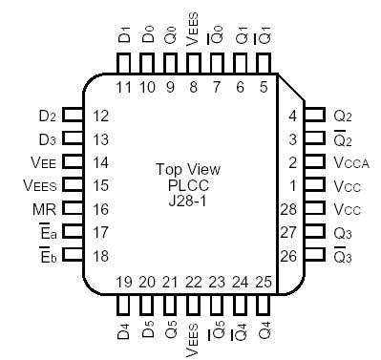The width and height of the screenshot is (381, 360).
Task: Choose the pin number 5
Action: tap(263, 87)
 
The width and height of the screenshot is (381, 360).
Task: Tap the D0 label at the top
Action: tap(148, 36)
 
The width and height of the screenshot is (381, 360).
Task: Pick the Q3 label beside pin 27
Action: tap(344, 231)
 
